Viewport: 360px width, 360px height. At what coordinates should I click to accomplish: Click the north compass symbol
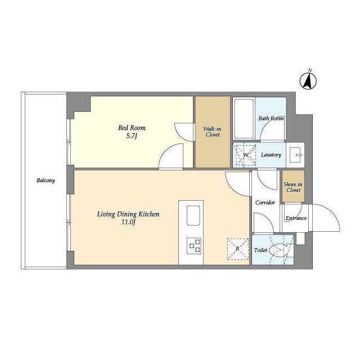[308, 80]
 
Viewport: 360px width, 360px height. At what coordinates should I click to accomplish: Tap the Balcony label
[46, 181]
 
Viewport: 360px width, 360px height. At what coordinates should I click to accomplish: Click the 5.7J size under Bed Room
[132, 136]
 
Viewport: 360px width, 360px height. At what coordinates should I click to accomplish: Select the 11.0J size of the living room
[128, 222]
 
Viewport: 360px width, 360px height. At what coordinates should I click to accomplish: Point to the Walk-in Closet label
[213, 132]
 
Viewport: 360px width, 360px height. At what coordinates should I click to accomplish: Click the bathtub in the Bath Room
[244, 119]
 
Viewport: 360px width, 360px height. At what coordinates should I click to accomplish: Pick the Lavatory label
[271, 155]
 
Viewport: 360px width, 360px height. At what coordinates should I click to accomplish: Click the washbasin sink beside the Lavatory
[295, 155]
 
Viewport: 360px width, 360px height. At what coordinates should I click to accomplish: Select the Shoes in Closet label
[293, 187]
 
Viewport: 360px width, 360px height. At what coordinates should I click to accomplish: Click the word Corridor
[265, 202]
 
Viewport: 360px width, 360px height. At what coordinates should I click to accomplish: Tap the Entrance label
[296, 218]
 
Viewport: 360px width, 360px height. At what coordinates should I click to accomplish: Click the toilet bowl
[277, 250]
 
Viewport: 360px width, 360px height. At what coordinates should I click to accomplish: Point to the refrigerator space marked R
[238, 249]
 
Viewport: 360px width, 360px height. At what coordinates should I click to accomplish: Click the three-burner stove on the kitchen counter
[194, 246]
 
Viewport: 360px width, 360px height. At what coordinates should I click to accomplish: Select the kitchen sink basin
[193, 215]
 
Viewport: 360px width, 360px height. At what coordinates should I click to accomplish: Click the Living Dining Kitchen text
[128, 214]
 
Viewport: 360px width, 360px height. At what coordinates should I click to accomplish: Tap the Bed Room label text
[132, 128]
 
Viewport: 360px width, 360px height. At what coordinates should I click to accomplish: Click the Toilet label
[260, 250]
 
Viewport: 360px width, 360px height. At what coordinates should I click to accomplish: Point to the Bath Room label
[271, 119]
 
